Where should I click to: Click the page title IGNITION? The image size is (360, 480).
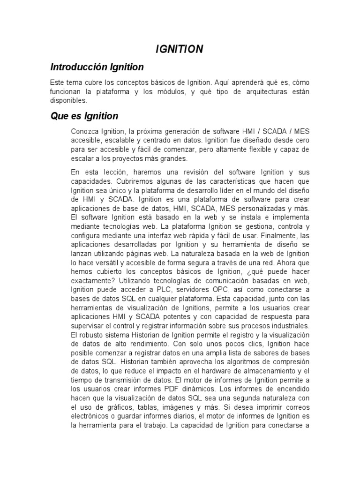click(x=180, y=49)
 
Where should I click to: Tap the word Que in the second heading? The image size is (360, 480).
click(x=60, y=116)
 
